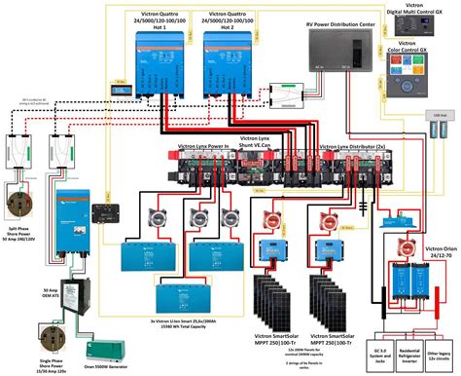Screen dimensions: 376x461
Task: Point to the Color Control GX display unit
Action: coord(416,90)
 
